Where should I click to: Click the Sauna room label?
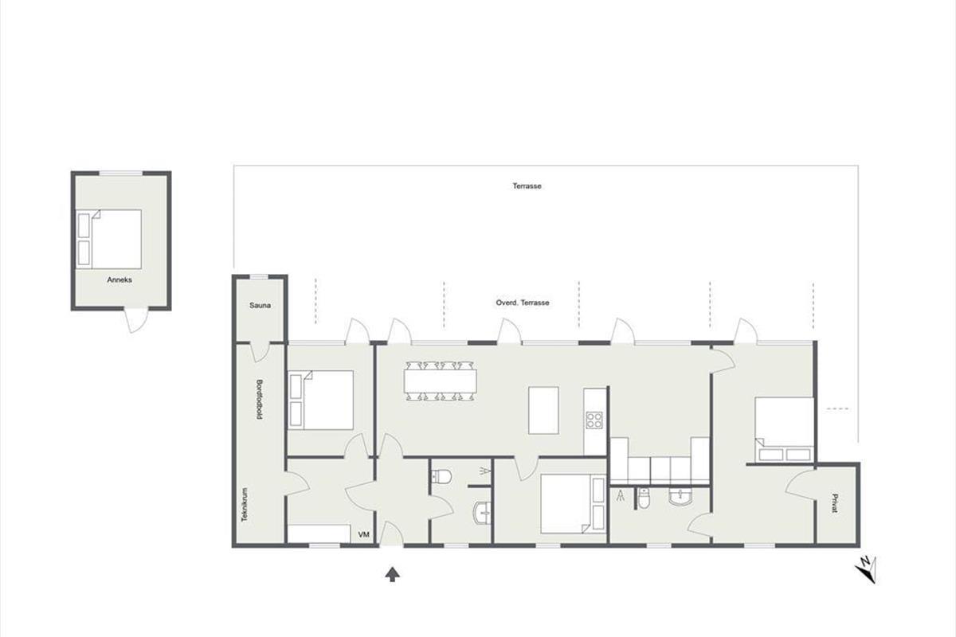(x=260, y=306)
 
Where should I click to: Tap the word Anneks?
(x=119, y=280)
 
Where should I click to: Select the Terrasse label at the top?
(x=527, y=186)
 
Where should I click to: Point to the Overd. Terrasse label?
(x=523, y=303)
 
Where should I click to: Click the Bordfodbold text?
(x=259, y=400)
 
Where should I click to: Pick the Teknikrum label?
(x=245, y=505)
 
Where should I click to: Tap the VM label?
(x=363, y=534)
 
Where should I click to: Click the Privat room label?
(x=835, y=503)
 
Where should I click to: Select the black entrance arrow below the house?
(x=393, y=574)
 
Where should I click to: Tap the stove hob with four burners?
(x=594, y=420)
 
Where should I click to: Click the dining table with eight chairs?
(x=440, y=381)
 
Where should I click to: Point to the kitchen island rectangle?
(x=543, y=410)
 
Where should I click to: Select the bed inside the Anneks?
(x=109, y=239)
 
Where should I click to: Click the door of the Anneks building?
(x=136, y=319)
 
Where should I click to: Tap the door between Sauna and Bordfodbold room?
(x=260, y=352)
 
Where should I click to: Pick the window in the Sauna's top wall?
(x=259, y=277)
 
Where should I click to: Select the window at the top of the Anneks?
(x=121, y=174)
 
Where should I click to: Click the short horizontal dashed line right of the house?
(x=837, y=408)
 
